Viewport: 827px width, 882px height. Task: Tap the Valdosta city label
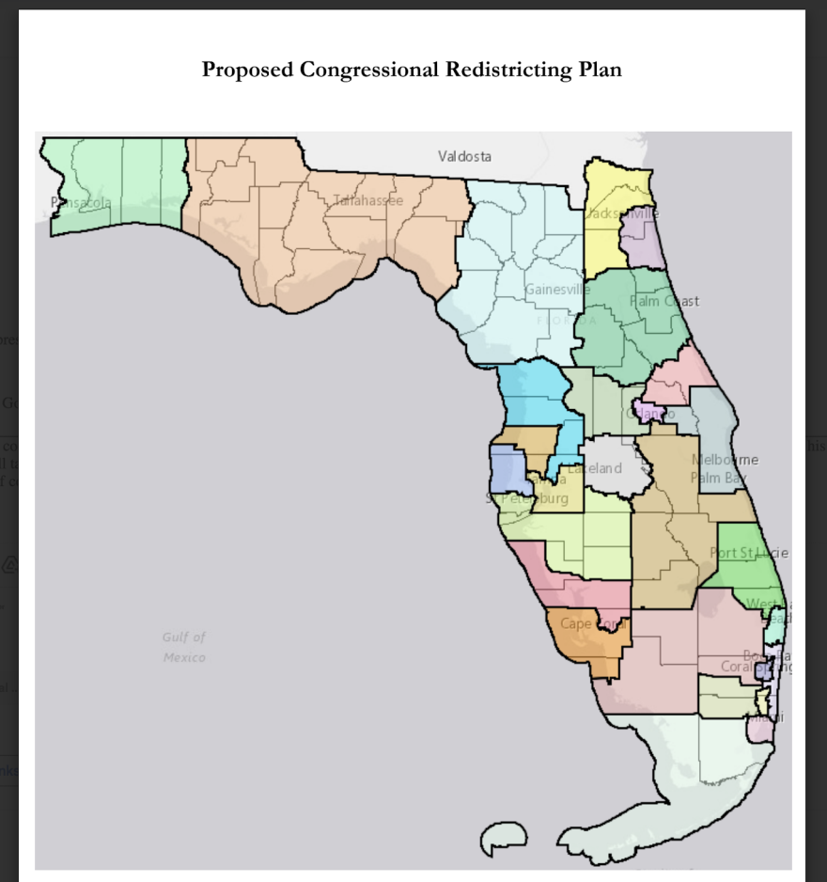[464, 156]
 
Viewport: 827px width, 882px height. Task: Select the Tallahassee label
[367, 200]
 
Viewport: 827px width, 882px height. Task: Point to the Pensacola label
[81, 203]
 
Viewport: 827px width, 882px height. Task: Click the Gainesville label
[557, 289]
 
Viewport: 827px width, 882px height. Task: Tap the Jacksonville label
[621, 214]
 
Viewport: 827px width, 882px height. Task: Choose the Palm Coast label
[664, 302]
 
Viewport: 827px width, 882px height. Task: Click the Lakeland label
[594, 468]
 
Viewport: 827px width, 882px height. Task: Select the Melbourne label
[725, 460]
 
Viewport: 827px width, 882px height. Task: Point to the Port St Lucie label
[749, 553]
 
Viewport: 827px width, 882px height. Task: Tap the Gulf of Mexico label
[184, 648]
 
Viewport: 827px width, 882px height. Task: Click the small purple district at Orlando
[647, 411]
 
